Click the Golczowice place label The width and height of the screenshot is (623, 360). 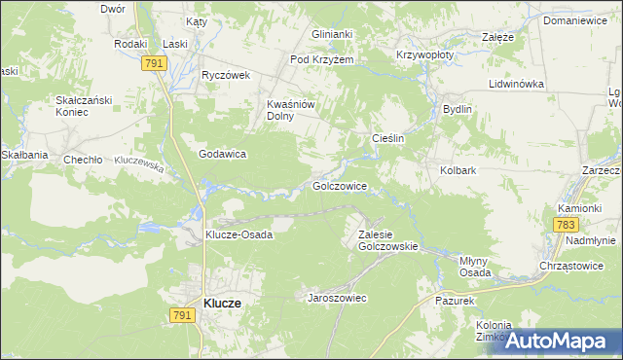(339, 185)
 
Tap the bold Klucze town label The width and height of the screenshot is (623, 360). (223, 304)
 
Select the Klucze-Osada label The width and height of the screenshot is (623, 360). (238, 234)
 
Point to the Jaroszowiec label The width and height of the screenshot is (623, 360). (337, 298)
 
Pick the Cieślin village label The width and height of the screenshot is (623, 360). (387, 139)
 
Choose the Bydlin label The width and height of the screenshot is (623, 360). (457, 110)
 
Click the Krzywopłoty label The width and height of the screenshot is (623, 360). (425, 55)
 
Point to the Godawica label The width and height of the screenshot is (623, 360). (222, 154)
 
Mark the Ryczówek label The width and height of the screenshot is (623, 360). (226, 75)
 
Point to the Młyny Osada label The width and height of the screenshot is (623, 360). (475, 267)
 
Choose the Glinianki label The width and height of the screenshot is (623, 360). (331, 33)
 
